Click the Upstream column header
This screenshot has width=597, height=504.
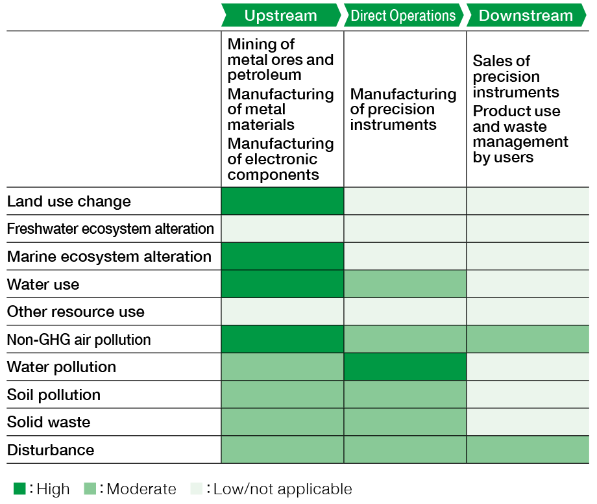(x=281, y=15)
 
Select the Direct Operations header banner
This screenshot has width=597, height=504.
(x=404, y=15)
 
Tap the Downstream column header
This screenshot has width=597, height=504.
(x=526, y=15)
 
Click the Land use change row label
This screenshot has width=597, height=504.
(x=69, y=201)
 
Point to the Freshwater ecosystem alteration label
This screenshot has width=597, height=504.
(x=110, y=229)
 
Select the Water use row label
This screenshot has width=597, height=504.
(x=43, y=284)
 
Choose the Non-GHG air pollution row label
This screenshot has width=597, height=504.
(x=79, y=340)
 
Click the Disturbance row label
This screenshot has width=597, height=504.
(x=51, y=450)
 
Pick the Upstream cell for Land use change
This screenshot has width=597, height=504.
(x=282, y=201)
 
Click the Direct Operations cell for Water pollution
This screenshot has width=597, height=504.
(x=405, y=366)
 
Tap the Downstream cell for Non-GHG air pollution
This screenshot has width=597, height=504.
(x=528, y=339)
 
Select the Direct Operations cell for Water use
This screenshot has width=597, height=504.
(x=405, y=284)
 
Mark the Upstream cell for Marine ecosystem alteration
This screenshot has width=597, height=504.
(x=282, y=256)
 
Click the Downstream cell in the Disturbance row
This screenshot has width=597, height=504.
(x=528, y=449)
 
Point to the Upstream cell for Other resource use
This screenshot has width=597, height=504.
(x=282, y=311)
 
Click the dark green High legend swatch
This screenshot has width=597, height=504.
(x=19, y=488)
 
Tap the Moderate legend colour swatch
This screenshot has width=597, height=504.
(x=90, y=488)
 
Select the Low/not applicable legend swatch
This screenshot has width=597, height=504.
(x=197, y=488)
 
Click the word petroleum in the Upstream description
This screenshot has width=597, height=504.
(x=264, y=75)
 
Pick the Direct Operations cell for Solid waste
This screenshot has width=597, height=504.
(x=405, y=422)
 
